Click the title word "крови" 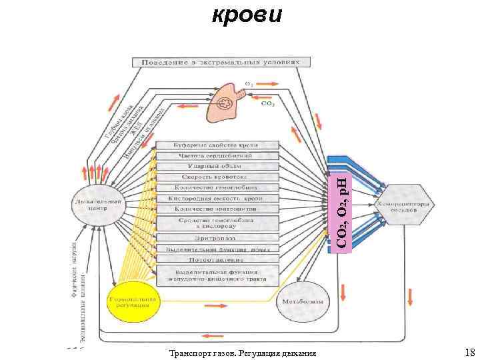247,13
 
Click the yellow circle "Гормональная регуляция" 133,303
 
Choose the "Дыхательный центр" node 100,203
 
